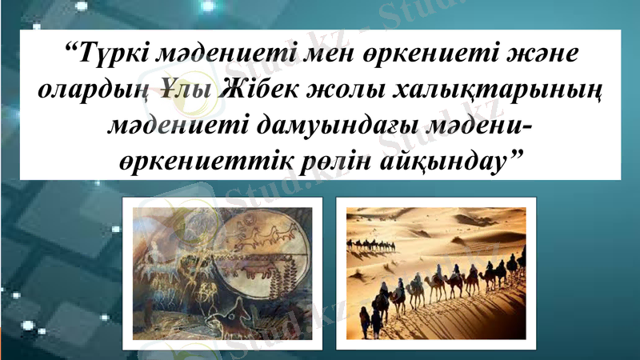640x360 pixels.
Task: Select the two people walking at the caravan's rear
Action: point(370,322)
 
